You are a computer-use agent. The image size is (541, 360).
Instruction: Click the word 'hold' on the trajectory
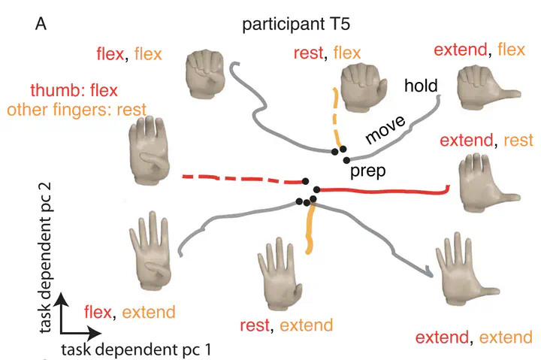click(421, 86)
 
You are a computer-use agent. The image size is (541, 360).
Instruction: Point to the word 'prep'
click(367, 171)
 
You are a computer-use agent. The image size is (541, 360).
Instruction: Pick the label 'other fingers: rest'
click(76, 110)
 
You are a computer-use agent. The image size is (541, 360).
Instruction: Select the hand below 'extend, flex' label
click(484, 83)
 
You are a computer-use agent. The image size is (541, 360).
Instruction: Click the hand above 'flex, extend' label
click(153, 253)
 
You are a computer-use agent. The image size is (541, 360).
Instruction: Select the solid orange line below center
click(308, 229)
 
